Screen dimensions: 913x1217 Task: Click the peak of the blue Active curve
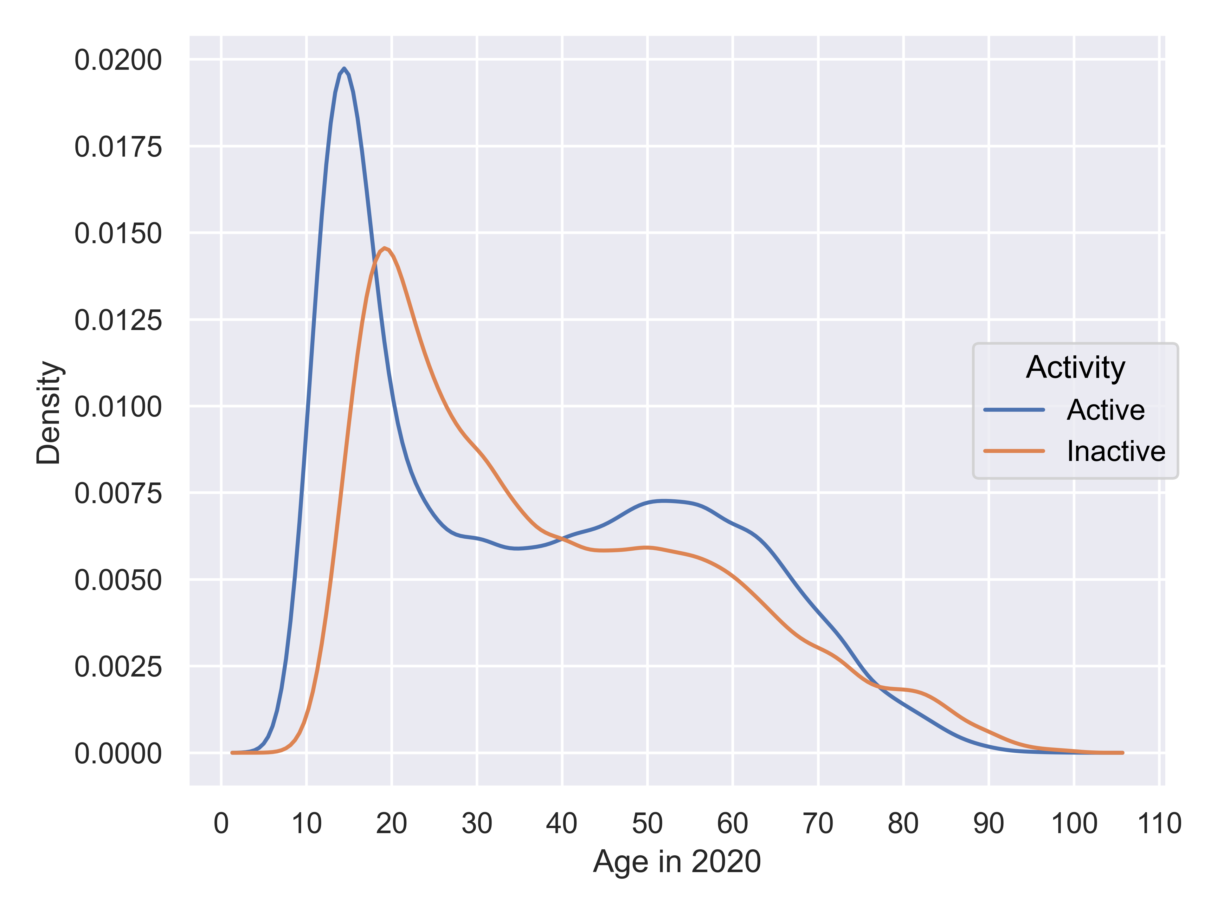pos(344,69)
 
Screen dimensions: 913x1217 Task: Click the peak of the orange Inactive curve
pos(384,248)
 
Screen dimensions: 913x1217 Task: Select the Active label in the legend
pos(1105,410)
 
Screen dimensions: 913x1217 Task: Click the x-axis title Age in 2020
pos(677,861)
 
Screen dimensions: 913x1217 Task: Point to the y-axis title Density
pos(48,413)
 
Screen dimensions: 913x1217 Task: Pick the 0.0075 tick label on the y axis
pos(118,493)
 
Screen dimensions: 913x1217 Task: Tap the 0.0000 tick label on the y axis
pos(118,754)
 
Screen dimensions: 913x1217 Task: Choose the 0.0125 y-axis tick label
pos(118,320)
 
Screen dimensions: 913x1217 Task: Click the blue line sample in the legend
pos(1014,410)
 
